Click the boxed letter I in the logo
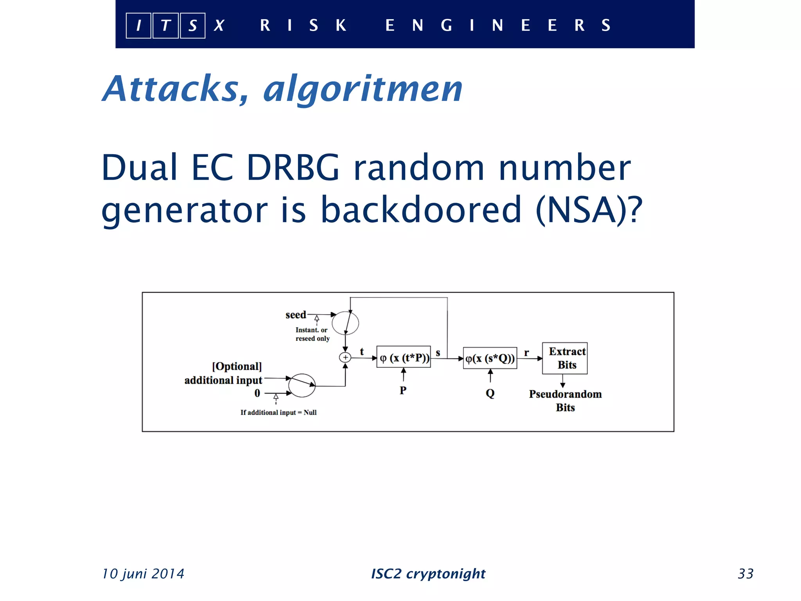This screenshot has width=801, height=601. click(x=138, y=26)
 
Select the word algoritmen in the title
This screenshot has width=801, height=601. click(x=363, y=90)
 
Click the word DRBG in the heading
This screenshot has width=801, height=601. click(x=293, y=167)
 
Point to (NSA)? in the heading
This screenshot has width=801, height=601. click(x=589, y=210)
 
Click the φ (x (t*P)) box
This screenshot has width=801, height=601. click(x=404, y=358)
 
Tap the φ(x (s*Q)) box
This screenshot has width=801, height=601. click(x=490, y=358)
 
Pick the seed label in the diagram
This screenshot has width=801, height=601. click(x=295, y=315)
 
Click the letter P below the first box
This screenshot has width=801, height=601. click(x=403, y=390)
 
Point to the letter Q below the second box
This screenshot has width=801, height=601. click(x=490, y=393)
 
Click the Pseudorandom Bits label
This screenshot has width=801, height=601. click(x=565, y=401)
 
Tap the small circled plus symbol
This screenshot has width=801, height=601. click(x=345, y=357)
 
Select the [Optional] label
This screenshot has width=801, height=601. click(x=237, y=367)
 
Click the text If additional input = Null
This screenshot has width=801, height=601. click(x=278, y=412)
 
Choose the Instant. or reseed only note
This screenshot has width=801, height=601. click(x=312, y=334)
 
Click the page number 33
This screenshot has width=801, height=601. click(x=745, y=574)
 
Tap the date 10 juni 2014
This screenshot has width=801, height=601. click(x=143, y=574)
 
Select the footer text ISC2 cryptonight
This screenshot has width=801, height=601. click(x=428, y=574)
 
